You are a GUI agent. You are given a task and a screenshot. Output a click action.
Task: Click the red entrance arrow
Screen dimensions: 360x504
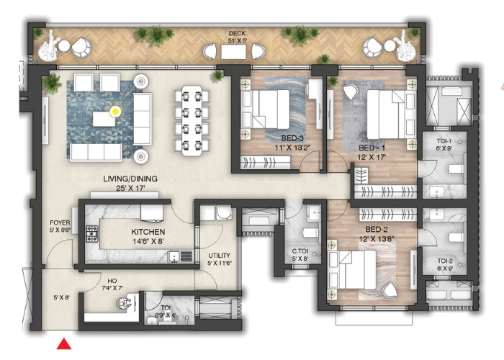65,344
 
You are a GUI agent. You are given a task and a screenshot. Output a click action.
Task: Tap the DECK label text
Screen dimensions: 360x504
237,33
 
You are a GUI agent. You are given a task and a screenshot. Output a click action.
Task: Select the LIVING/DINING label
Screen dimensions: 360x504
130,179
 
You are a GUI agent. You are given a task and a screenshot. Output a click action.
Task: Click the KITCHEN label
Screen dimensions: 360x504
148,232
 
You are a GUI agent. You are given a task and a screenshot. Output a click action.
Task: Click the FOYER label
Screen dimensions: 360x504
60,222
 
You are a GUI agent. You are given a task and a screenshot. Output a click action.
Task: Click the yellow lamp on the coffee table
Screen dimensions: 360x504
114,111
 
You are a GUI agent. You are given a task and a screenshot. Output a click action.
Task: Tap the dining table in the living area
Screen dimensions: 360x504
192,120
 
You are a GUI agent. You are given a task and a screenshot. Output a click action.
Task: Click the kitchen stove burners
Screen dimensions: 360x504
92,233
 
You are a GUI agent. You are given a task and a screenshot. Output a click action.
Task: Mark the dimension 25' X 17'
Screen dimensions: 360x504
130,189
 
